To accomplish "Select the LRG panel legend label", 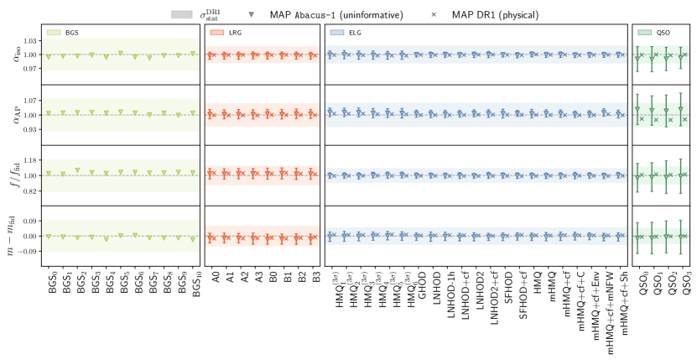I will [x=236, y=32].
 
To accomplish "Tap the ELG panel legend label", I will [x=355, y=32].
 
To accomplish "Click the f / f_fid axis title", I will [x=11, y=175].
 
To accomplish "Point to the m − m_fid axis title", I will [x=11, y=236].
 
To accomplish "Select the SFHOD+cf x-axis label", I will [x=520, y=295].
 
